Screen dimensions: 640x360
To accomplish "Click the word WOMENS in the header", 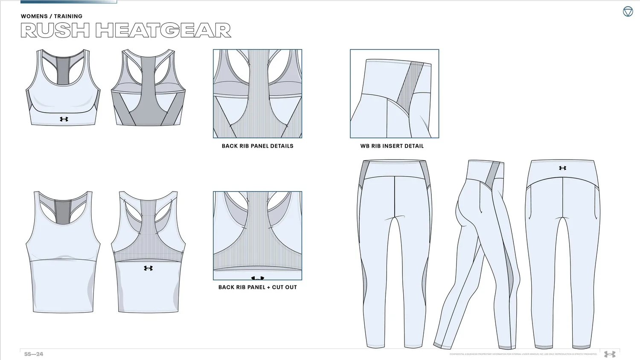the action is [34, 16].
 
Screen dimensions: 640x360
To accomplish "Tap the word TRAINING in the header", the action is [68, 16].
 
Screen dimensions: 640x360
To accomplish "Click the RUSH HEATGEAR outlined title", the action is [126, 31].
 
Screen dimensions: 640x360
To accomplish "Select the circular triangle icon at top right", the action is [628, 12].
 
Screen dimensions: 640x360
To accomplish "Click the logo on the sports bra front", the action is [64, 119].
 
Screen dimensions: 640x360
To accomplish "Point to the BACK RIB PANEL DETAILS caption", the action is [257, 146].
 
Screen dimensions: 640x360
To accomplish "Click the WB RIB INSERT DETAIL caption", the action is [392, 146].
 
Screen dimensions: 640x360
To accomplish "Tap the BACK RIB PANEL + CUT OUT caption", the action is [257, 287].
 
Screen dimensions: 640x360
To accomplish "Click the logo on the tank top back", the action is [148, 268].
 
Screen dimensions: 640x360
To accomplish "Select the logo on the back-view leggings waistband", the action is [562, 168].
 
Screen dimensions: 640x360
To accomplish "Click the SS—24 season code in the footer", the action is [34, 354].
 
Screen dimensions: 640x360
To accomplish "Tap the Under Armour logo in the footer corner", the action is [610, 354].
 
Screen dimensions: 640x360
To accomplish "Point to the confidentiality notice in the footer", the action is [523, 354].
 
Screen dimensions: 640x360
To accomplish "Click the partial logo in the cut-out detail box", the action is [257, 278].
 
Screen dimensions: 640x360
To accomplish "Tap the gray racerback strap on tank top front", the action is [63, 211].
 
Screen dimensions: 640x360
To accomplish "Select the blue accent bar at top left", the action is [68, 2].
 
